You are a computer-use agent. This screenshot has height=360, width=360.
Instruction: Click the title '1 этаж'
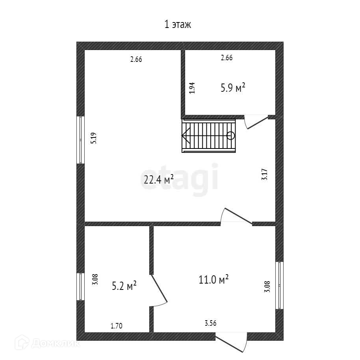(x=177, y=25)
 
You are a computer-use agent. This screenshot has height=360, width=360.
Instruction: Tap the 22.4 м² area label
(x=159, y=180)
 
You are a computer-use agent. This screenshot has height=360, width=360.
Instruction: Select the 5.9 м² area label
(x=233, y=87)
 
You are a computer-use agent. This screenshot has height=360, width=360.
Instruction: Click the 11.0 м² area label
(x=213, y=280)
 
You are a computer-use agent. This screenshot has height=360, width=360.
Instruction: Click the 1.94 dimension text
(x=192, y=87)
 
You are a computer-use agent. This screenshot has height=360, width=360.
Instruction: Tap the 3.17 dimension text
(x=265, y=174)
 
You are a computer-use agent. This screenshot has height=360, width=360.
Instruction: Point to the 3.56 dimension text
(x=210, y=323)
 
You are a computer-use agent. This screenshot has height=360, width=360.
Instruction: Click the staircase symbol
(x=208, y=136)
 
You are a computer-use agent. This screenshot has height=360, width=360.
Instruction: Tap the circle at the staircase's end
(x=231, y=136)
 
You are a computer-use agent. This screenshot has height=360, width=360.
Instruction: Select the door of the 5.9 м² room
(x=254, y=121)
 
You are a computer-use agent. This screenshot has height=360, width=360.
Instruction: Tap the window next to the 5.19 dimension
(x=81, y=139)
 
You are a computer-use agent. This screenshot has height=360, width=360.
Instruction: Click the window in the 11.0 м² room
(x=279, y=285)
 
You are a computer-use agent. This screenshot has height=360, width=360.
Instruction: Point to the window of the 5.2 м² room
(x=81, y=287)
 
